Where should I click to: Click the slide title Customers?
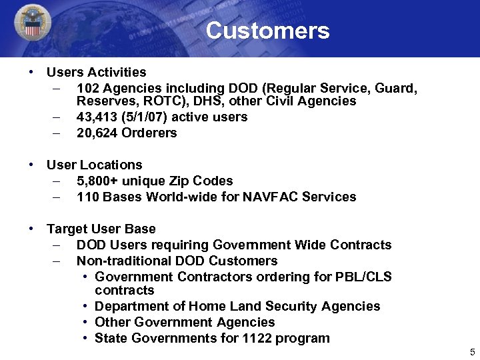(x=267, y=31)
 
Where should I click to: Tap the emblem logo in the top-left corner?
(x=31, y=25)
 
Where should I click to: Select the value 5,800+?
(x=99, y=181)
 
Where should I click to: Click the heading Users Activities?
(x=96, y=71)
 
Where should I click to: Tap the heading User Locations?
(x=94, y=165)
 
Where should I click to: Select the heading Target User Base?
(x=101, y=229)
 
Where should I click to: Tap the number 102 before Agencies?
(x=88, y=87)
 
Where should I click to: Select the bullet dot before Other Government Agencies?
(x=87, y=322)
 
